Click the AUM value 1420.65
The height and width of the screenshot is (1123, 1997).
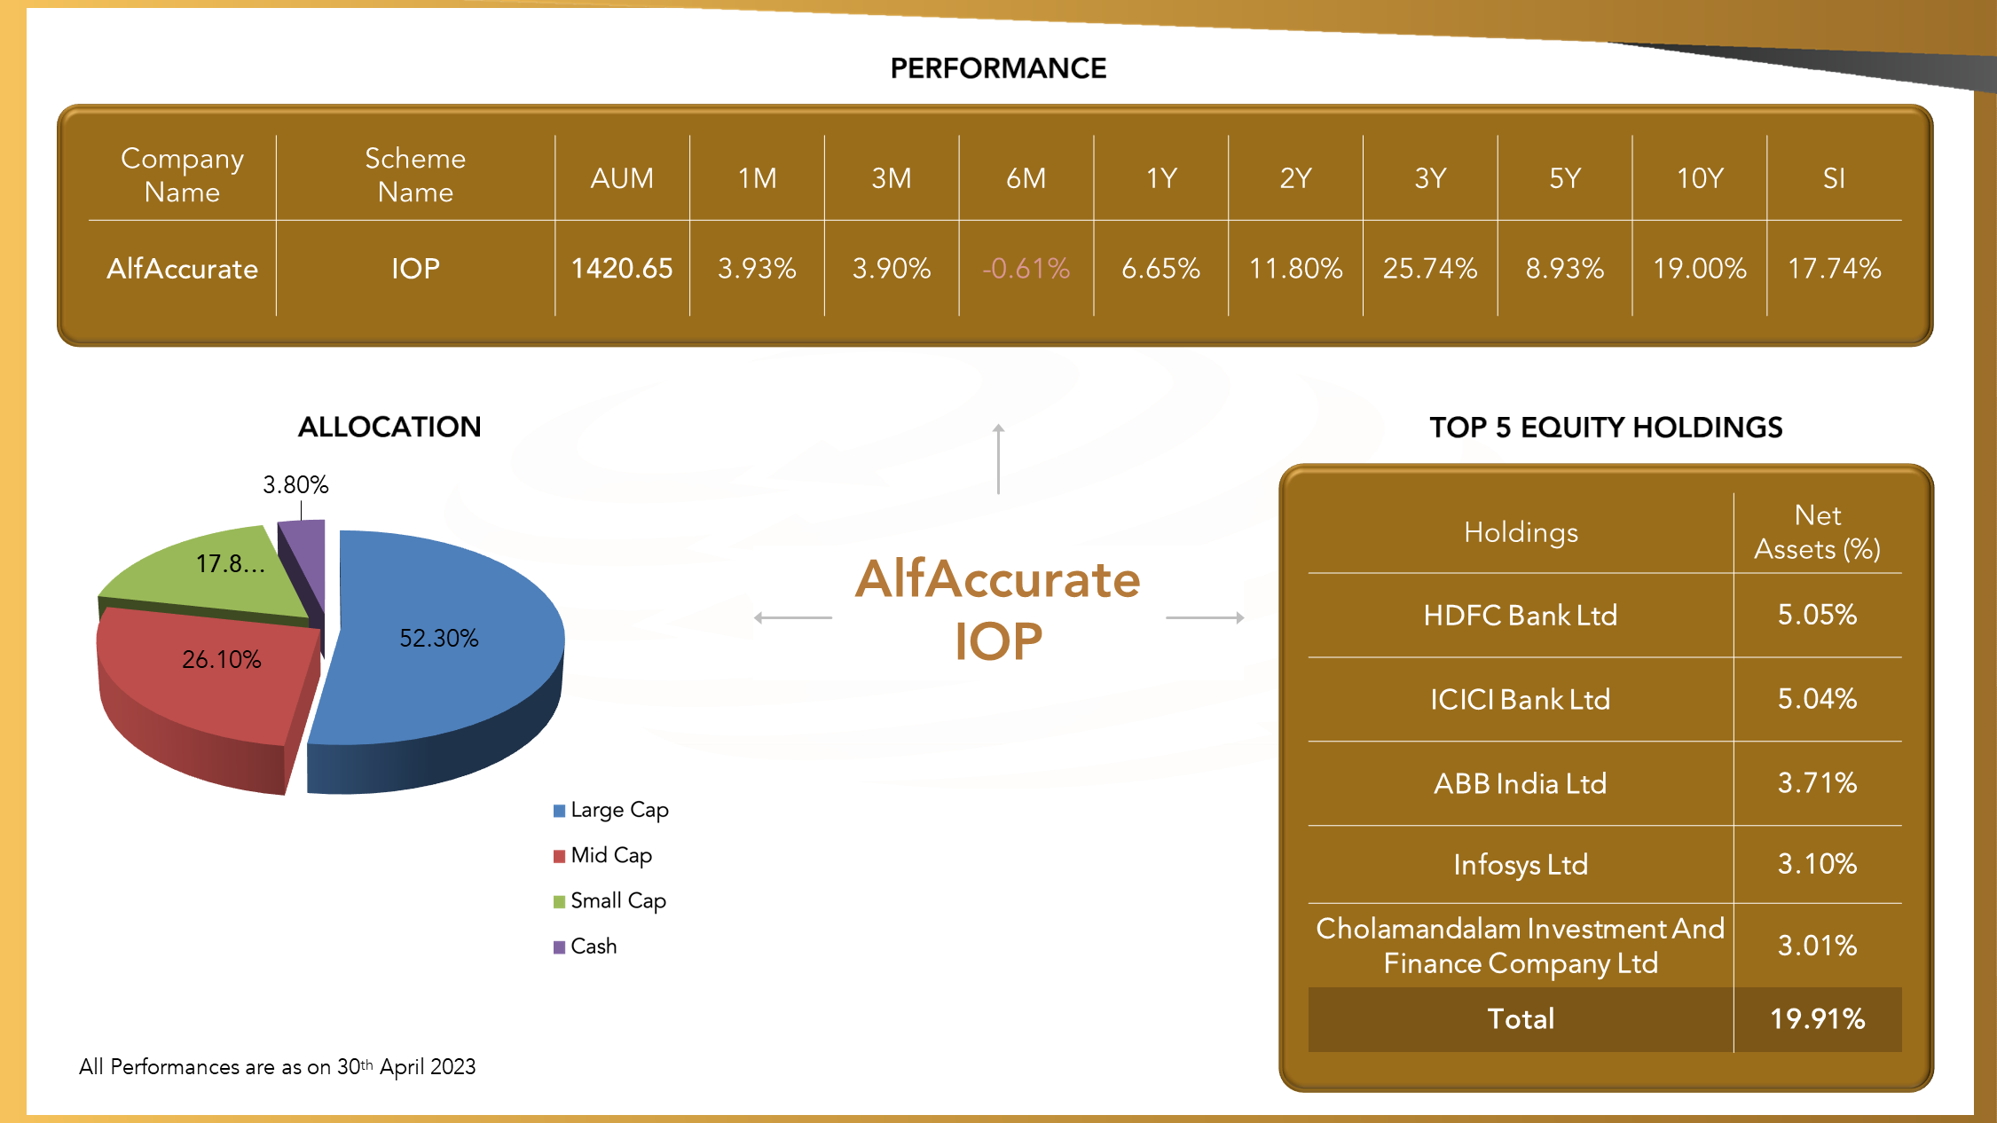pyautogui.click(x=622, y=268)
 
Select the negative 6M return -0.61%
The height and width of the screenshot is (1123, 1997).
pyautogui.click(x=1026, y=268)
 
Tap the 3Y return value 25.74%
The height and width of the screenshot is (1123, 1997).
pyautogui.click(x=1430, y=268)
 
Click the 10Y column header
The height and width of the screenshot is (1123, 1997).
pyautogui.click(x=1700, y=178)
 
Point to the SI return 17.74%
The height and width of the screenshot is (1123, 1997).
pyautogui.click(x=1834, y=268)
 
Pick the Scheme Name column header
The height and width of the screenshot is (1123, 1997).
pyautogui.click(x=415, y=175)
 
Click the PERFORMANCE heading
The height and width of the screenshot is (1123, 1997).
pyautogui.click(x=998, y=68)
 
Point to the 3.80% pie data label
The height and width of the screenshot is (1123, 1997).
pyautogui.click(x=295, y=484)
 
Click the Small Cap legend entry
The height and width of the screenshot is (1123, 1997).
pyautogui.click(x=609, y=900)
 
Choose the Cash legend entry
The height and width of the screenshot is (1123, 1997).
pyautogui.click(x=585, y=946)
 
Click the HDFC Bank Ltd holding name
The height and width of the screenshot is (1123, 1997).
pyautogui.click(x=1521, y=615)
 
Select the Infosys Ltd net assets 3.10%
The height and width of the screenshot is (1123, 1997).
pyautogui.click(x=1817, y=864)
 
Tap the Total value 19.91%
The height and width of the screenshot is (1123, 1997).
pyautogui.click(x=1817, y=1018)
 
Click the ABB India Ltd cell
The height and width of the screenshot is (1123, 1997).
pyautogui.click(x=1521, y=783)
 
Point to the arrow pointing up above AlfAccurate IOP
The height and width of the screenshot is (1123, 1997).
pyautogui.click(x=998, y=459)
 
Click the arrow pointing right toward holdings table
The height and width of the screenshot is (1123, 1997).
pyautogui.click(x=1205, y=617)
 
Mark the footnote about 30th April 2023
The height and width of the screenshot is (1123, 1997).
pyautogui.click(x=277, y=1066)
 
